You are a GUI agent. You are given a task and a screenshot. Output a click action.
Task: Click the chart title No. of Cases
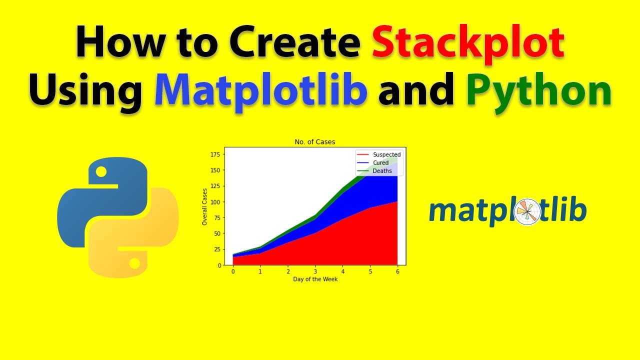click(315, 142)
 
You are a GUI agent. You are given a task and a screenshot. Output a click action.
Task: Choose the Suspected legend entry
click(386, 154)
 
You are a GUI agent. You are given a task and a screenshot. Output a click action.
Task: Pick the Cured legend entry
click(380, 163)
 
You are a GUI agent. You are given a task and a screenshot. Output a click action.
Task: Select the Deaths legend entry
click(382, 171)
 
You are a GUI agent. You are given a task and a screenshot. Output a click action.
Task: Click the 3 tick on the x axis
click(315, 271)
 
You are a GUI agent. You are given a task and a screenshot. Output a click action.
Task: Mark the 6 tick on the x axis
click(397, 271)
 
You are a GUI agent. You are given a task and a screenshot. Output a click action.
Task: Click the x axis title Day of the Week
click(315, 279)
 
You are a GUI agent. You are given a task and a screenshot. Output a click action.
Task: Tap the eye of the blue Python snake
click(101, 172)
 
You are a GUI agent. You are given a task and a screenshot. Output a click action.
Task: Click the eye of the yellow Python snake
click(134, 262)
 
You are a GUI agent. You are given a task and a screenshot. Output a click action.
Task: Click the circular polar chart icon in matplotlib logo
click(527, 211)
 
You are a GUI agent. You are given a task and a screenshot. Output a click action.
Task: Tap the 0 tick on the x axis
click(233, 271)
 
